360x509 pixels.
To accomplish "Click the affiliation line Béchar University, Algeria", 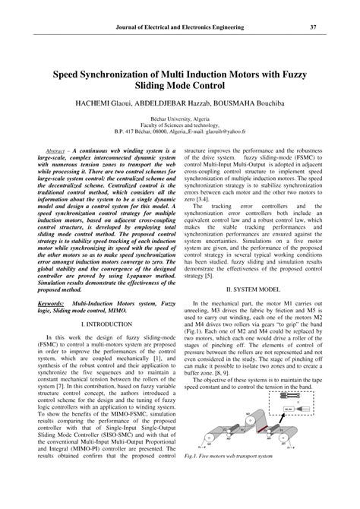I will tap(180, 120).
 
